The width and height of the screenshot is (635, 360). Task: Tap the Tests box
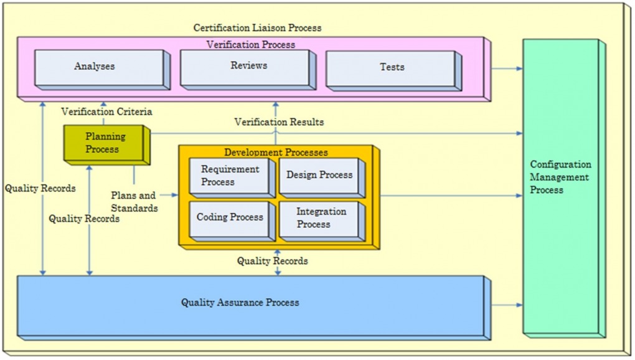(x=392, y=68)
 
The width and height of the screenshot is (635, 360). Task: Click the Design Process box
(x=319, y=176)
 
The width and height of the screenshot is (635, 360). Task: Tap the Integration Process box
(x=320, y=218)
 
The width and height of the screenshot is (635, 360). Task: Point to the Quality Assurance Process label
(x=240, y=303)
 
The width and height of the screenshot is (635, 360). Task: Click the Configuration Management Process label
(x=560, y=177)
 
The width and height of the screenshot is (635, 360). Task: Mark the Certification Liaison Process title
(x=257, y=28)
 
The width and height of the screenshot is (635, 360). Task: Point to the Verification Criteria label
(x=106, y=112)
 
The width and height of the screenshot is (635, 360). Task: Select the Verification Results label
(x=279, y=122)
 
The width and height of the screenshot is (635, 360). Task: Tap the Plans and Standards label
(x=134, y=202)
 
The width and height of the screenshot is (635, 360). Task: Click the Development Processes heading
(x=276, y=153)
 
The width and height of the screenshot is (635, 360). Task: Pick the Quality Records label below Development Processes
(x=272, y=262)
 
